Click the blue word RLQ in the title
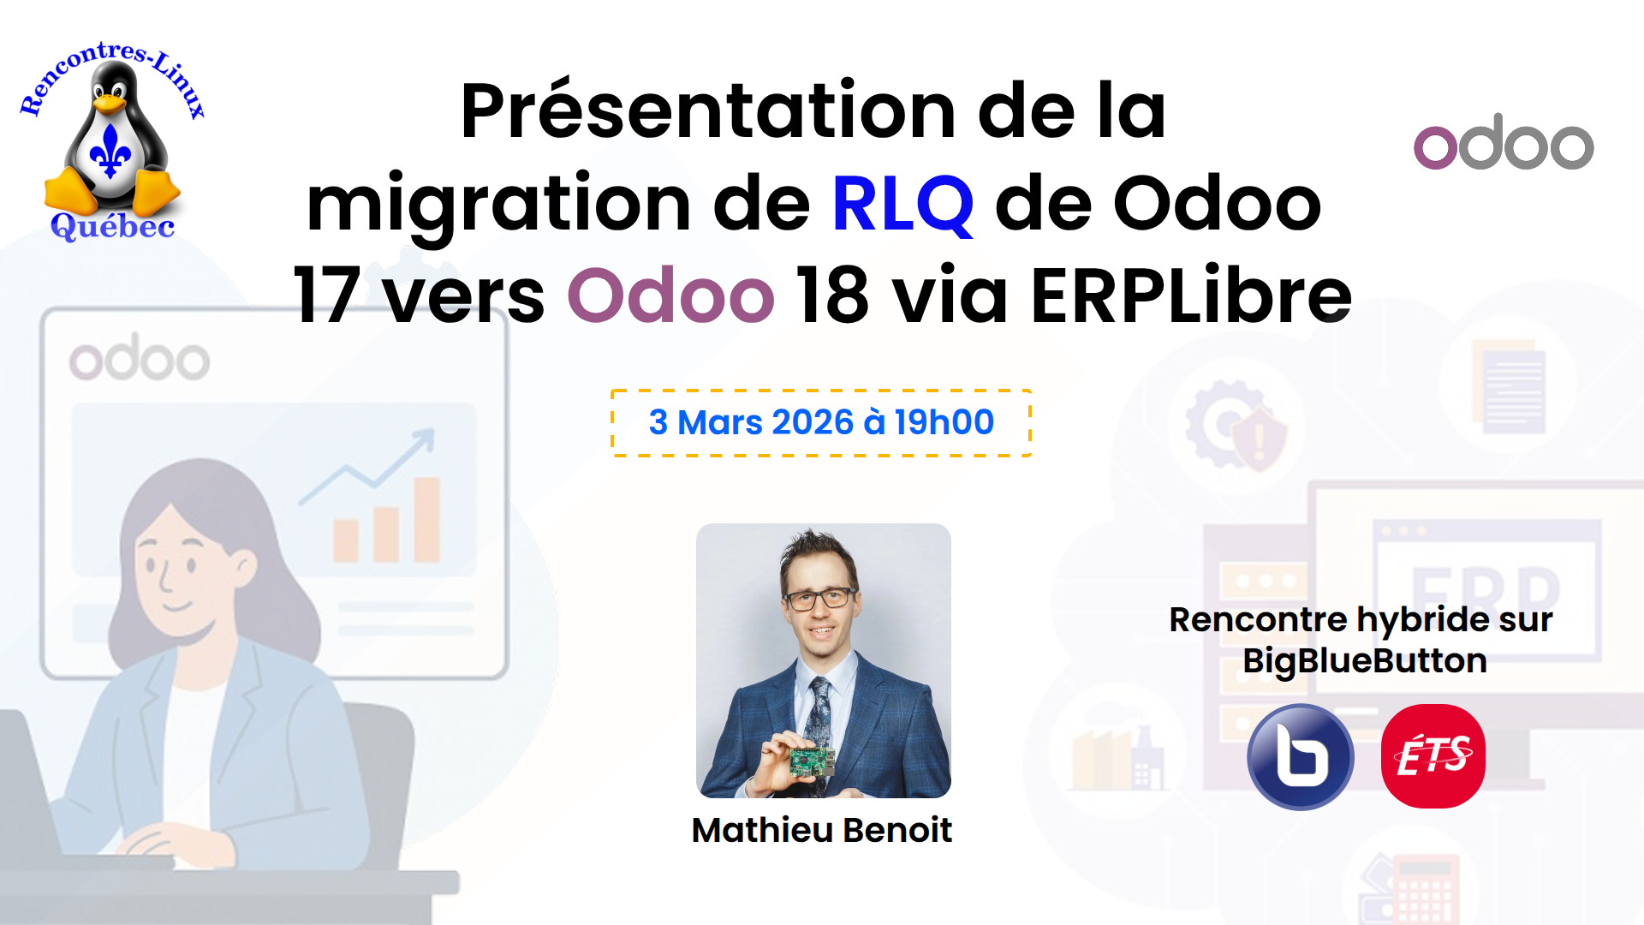[902, 204]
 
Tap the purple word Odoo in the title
[670, 295]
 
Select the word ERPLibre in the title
[1191, 295]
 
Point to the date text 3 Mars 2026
[751, 422]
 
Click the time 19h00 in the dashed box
[944, 422]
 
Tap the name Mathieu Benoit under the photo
[822, 830]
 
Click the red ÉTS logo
[1433, 756]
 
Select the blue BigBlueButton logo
[1301, 757]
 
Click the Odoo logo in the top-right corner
[1504, 142]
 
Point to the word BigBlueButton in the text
[1365, 661]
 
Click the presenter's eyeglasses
[819, 599]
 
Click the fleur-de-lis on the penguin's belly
[111, 151]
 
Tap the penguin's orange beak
[110, 104]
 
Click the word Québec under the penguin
[112, 226]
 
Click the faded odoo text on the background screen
[140, 358]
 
